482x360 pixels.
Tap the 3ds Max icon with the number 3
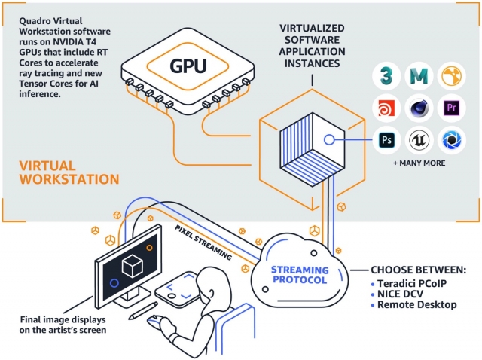386,76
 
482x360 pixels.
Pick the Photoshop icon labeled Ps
386,139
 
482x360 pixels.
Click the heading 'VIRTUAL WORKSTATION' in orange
69,172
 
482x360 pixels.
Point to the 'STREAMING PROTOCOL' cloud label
300,275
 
